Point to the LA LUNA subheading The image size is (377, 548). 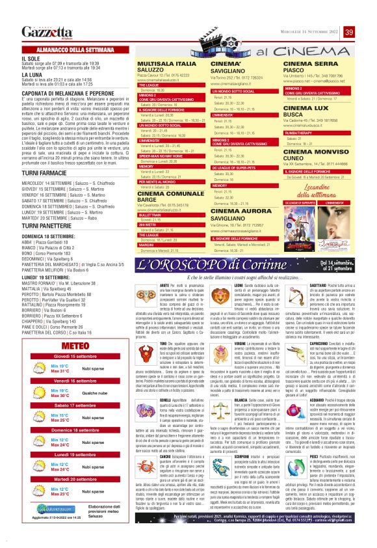[32, 75]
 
